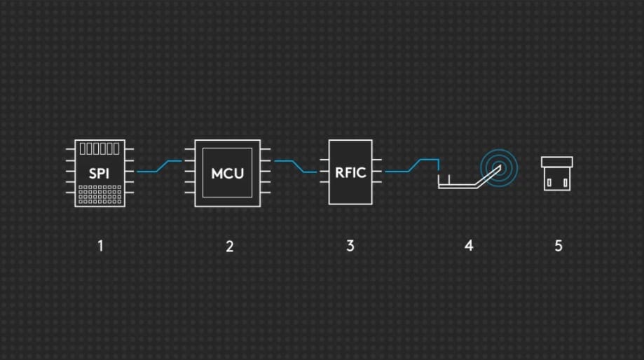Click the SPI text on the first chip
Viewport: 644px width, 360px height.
(x=100, y=173)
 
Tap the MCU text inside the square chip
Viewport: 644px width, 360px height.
(x=228, y=173)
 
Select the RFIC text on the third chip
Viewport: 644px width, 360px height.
(x=350, y=172)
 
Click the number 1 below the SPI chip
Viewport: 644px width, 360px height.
(x=100, y=246)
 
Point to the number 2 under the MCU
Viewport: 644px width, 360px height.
(x=229, y=246)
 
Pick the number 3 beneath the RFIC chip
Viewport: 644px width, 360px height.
(x=350, y=246)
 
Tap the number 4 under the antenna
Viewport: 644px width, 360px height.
(x=469, y=246)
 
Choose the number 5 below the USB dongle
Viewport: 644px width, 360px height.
(x=559, y=246)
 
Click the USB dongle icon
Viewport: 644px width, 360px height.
(x=557, y=174)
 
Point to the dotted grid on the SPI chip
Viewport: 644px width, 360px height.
(x=100, y=194)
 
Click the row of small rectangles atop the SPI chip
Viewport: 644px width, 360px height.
(x=100, y=148)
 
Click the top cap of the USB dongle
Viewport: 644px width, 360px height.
(x=557, y=162)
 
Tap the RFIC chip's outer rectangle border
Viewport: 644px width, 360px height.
(x=330, y=189)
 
